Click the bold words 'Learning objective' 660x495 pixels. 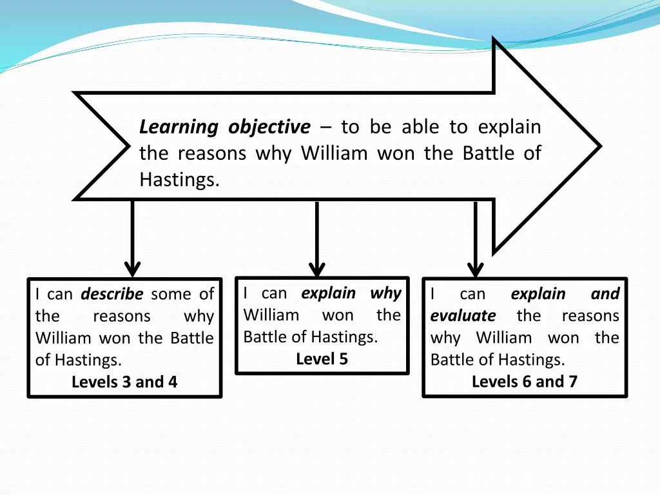point(224,128)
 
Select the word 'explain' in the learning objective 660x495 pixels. point(509,128)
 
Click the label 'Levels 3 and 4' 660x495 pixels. point(124,382)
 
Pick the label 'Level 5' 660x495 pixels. point(322,359)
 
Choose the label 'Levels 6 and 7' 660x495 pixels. point(525,382)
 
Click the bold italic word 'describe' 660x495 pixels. point(112,295)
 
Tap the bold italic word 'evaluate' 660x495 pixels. point(463,316)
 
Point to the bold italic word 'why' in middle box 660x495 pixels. point(385,293)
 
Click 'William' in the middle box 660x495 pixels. point(271,315)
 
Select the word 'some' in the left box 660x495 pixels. point(171,295)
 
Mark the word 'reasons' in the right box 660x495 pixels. point(590,316)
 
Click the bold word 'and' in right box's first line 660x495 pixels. point(605,294)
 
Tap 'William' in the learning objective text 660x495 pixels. point(334,154)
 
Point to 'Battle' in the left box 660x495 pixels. point(191,338)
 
